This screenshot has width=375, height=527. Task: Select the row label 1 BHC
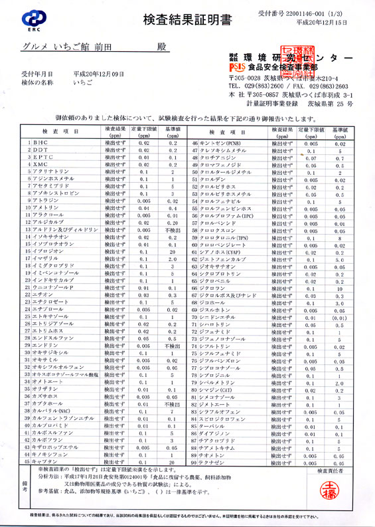(39, 142)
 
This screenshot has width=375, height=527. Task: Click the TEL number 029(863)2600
(265, 86)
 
